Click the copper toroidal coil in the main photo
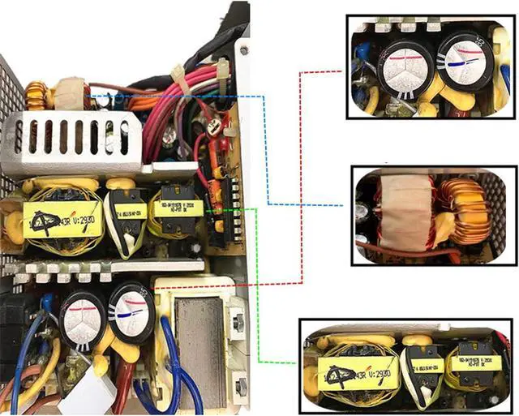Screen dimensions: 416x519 point(36,96)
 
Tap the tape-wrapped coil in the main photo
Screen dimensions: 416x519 point(71,93)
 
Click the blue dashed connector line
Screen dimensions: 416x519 point(268,154)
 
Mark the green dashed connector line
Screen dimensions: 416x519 point(258,284)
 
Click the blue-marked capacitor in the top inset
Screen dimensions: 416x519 point(461,62)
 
